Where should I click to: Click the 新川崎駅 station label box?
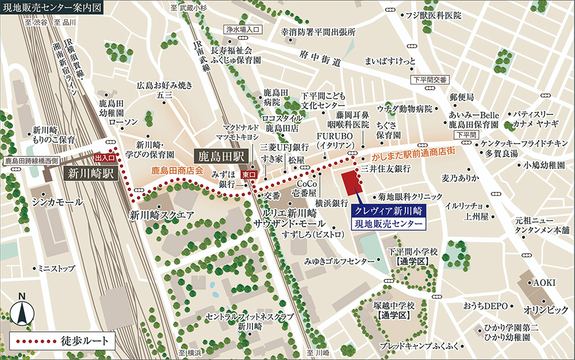(91, 173)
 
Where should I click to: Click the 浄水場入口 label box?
(243, 28)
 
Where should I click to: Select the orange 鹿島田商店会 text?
(178, 171)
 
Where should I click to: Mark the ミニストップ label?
(56, 268)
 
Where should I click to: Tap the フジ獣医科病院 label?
(433, 15)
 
